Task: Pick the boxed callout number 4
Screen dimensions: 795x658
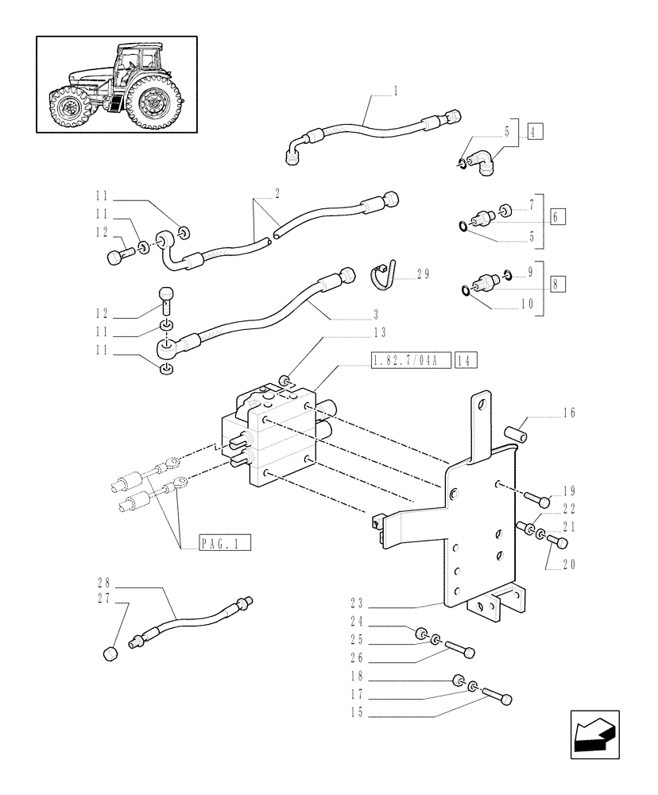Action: pos(532,133)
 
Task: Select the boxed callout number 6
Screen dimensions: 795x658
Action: pos(557,217)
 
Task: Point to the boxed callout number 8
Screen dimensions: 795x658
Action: pos(557,285)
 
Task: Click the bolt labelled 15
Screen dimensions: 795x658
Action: pos(497,697)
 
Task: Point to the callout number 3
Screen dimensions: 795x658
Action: pos(375,313)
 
